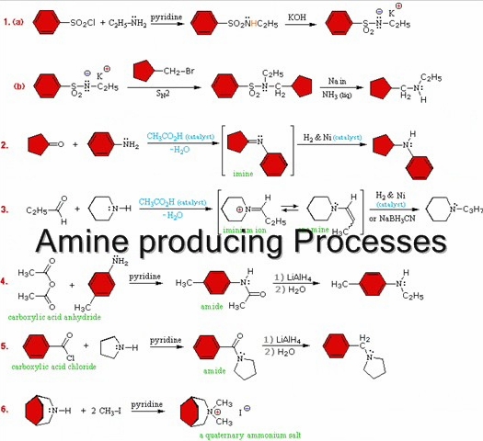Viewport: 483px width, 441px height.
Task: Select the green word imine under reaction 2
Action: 243,172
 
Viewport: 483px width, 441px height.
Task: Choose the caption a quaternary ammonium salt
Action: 237,435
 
